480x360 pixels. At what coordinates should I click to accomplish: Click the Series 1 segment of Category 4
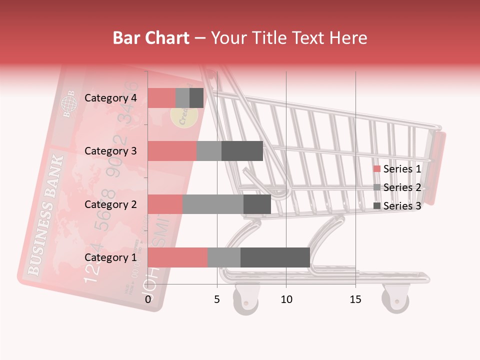pos(161,98)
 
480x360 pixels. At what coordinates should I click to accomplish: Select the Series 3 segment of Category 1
pos(275,257)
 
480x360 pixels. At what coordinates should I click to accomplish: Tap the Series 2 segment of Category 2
pos(213,204)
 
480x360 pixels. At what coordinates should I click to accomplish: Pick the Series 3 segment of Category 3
pos(242,151)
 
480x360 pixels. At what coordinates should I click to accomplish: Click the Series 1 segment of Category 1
pos(177,257)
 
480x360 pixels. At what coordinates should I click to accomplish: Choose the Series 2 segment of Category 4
pos(182,98)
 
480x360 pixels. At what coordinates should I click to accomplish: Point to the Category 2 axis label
pos(110,204)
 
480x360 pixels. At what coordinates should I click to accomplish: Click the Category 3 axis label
pos(110,151)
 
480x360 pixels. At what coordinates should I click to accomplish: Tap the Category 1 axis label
pos(110,257)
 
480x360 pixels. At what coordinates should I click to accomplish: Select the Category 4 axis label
pos(110,98)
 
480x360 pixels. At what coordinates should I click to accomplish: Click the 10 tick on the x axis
pos(286,299)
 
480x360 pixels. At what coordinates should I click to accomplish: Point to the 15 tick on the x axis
pos(355,299)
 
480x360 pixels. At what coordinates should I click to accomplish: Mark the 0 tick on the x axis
pos(148,299)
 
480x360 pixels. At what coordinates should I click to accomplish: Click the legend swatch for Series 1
pos(377,169)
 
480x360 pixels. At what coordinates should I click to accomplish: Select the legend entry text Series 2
pos(402,187)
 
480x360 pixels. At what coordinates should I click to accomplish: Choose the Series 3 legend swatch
pos(377,206)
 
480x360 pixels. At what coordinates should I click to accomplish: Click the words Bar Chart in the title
pos(151,38)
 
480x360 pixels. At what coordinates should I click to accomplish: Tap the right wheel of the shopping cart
pos(395,300)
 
